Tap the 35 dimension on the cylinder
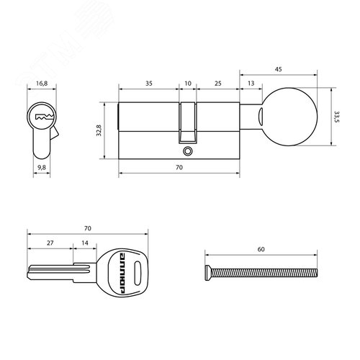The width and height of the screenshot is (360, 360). [x=149, y=84]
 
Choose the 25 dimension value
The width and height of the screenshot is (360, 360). [x=217, y=84]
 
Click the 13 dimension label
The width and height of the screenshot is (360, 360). [x=250, y=84]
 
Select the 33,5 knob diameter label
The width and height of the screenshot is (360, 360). [x=336, y=117]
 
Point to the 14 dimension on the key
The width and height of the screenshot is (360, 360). [x=85, y=244]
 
